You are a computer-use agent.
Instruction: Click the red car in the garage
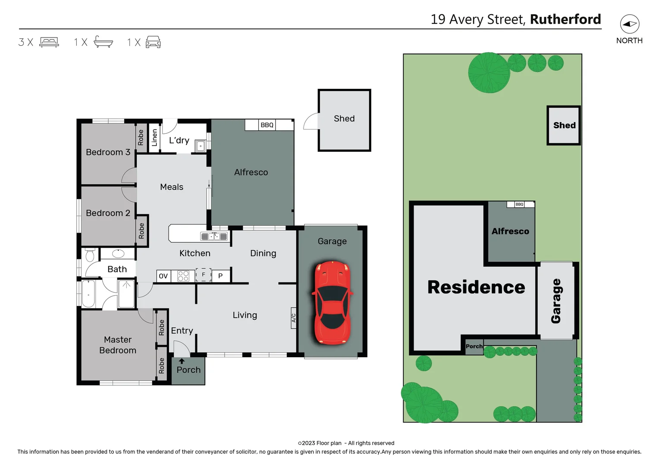pyautogui.click(x=332, y=303)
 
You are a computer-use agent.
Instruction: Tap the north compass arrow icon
pyautogui.click(x=630, y=24)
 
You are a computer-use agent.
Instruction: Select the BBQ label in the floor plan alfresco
pyautogui.click(x=267, y=125)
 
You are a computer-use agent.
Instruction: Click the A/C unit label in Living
pyautogui.click(x=294, y=318)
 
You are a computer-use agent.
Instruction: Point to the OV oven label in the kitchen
pyautogui.click(x=163, y=276)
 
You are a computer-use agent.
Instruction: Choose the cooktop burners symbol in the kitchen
pyautogui.click(x=183, y=276)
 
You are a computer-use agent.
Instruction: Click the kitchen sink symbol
pyautogui.click(x=214, y=236)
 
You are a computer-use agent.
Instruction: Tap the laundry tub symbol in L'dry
pyautogui.click(x=201, y=146)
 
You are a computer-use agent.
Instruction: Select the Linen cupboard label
pyautogui.click(x=154, y=138)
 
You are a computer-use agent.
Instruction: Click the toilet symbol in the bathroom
pyautogui.click(x=90, y=255)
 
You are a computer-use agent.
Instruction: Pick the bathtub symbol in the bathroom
pyautogui.click(x=88, y=294)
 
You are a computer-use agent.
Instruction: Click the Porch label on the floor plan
pyautogui.click(x=188, y=370)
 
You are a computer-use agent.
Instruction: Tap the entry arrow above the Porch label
pyautogui.click(x=182, y=361)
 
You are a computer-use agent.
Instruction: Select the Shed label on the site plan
pyautogui.click(x=564, y=125)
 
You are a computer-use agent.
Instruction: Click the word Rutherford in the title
pyautogui.click(x=565, y=19)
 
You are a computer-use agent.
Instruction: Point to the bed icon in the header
pyautogui.click(x=49, y=42)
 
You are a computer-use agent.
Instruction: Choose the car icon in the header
pyautogui.click(x=153, y=42)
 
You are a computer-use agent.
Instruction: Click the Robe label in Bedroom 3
pyautogui.click(x=141, y=137)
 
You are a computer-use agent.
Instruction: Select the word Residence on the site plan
pyautogui.click(x=476, y=287)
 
